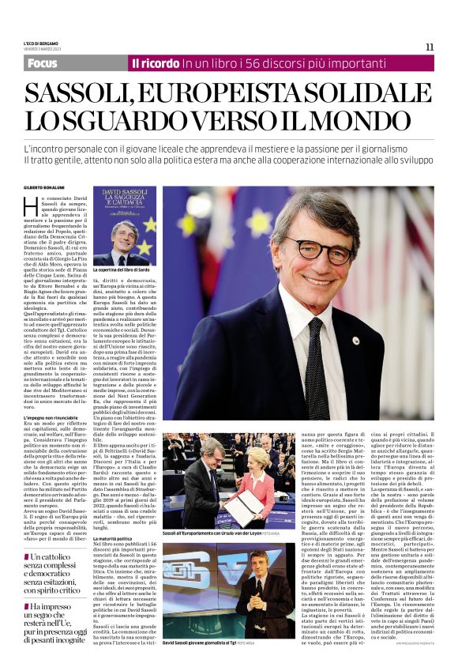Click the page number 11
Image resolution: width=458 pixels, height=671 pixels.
[430, 47]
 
